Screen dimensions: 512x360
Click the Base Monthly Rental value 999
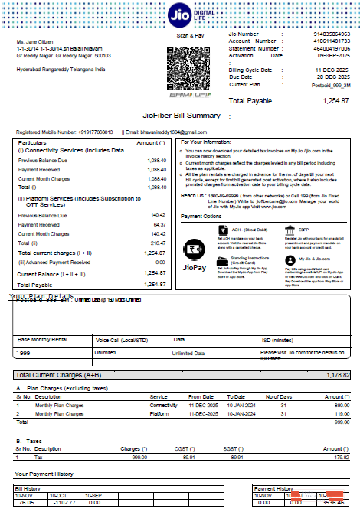25,353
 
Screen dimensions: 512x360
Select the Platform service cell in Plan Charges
160,413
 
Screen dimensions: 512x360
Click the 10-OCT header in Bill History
59,496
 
